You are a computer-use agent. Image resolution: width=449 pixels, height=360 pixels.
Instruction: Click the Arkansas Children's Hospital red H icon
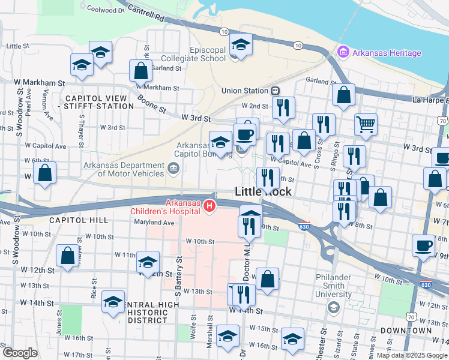pyautogui.click(x=209, y=206)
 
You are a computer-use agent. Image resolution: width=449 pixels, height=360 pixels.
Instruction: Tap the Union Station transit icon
pyautogui.click(x=275, y=91)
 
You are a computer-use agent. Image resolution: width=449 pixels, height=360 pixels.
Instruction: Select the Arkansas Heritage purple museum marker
pyautogui.click(x=343, y=53)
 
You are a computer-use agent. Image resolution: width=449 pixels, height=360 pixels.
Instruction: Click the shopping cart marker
pyautogui.click(x=365, y=124)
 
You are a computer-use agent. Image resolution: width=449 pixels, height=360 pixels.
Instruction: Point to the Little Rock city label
pyautogui.click(x=263, y=192)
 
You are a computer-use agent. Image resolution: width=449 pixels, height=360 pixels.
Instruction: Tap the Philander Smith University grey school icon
pyautogui.click(x=333, y=308)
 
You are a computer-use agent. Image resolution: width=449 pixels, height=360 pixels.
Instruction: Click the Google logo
pyautogui.click(x=19, y=352)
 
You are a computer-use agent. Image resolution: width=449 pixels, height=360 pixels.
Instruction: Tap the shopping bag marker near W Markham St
pyautogui.click(x=140, y=70)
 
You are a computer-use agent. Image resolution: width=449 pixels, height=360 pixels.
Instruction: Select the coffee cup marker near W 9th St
pyautogui.click(x=424, y=245)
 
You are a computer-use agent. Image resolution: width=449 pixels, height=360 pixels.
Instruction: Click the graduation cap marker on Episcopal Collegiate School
pyautogui.click(x=241, y=45)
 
